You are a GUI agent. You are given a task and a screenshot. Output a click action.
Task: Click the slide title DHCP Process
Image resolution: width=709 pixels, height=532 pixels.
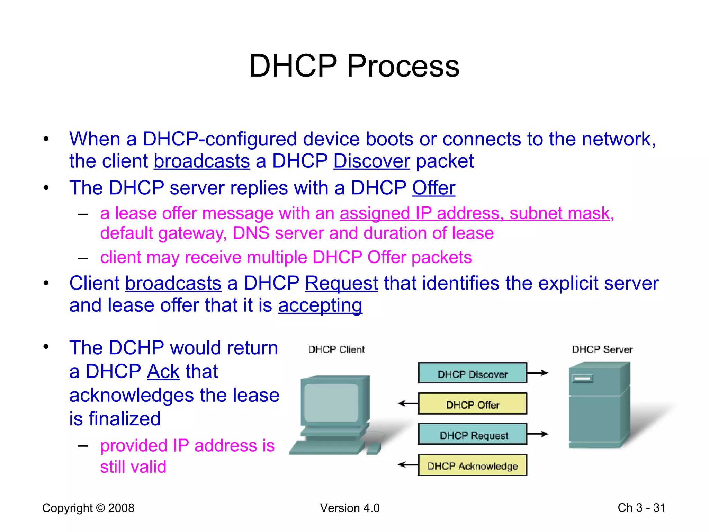354,66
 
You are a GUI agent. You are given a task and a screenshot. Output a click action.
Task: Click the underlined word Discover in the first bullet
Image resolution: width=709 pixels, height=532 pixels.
371,161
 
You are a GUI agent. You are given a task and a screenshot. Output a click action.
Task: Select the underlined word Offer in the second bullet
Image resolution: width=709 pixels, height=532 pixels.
433,188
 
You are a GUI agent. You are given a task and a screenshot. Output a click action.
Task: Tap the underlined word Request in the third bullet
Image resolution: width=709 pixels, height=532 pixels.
341,283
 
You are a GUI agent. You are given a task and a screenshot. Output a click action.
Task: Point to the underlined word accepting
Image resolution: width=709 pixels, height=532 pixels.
320,305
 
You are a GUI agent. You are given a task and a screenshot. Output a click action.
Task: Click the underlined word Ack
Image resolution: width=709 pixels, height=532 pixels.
163,372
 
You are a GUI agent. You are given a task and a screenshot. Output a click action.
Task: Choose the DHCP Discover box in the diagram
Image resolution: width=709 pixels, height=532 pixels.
472,373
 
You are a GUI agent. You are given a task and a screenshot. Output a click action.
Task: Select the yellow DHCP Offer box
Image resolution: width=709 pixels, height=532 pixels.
472,404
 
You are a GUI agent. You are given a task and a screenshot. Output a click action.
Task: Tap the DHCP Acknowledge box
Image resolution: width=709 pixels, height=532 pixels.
472,465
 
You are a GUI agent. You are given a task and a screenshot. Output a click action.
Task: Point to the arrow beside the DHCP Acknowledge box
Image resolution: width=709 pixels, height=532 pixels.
408,465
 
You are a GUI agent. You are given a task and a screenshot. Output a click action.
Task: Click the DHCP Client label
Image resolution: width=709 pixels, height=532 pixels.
336,349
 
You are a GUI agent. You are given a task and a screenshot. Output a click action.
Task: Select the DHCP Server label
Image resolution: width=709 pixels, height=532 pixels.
602,349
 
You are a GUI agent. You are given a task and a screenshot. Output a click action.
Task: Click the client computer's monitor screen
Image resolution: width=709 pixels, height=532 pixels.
331,403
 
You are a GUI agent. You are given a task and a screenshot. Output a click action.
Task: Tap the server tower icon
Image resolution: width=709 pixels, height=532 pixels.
599,405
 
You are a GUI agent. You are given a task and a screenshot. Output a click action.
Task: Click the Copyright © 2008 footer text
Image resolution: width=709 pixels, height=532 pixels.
88,508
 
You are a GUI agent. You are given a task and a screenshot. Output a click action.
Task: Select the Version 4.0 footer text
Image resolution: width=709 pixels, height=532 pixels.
350,508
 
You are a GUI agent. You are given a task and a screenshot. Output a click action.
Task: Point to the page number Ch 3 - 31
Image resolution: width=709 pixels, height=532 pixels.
641,508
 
